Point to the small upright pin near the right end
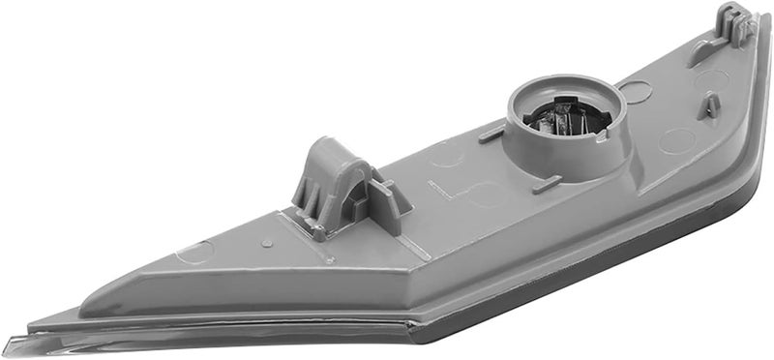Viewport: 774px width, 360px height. (x=710, y=105)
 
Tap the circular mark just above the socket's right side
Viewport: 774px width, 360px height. (x=636, y=93)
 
